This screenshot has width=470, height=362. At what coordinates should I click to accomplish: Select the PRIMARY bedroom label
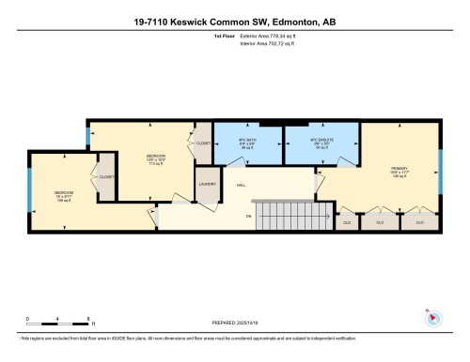[x=399, y=173]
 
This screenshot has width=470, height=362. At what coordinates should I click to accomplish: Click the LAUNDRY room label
[x=207, y=185]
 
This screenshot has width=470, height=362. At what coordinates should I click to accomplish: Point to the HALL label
[x=241, y=187]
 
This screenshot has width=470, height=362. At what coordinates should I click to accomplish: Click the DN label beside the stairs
[x=248, y=217]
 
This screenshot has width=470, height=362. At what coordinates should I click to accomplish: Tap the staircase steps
[x=292, y=217]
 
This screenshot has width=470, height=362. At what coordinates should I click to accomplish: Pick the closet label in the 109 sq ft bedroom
[x=106, y=177]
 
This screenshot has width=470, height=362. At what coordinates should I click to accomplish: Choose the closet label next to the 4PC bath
[x=203, y=143]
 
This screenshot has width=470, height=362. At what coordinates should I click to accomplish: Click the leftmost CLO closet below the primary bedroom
[x=346, y=222]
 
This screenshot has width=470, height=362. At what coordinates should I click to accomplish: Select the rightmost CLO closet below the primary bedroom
[x=419, y=222]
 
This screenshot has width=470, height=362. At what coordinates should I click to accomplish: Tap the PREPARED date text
[x=235, y=324]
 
